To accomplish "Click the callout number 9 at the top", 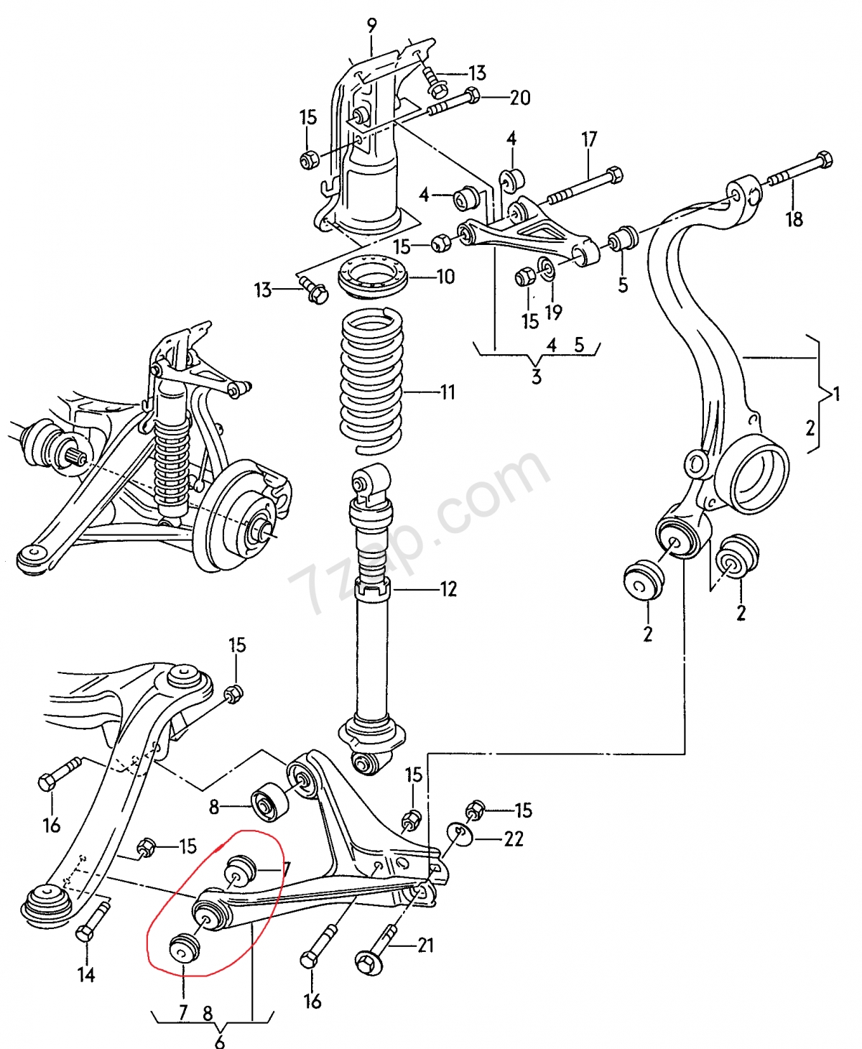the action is (372, 26).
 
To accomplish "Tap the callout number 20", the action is (520, 98).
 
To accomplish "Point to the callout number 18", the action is (794, 219).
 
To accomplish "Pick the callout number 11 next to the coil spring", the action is (448, 392).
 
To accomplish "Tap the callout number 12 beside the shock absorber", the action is (448, 589).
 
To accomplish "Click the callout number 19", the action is (553, 313).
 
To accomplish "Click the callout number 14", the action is (86, 974).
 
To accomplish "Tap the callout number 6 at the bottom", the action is (219, 1040).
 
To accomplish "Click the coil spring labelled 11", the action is (372, 381).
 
